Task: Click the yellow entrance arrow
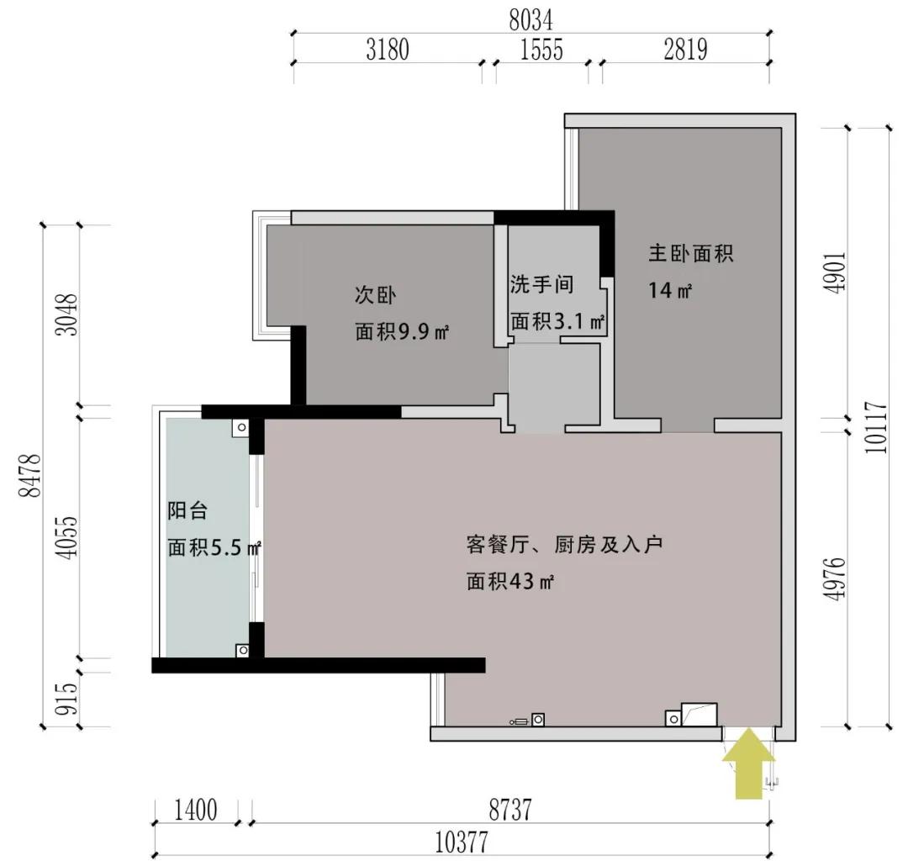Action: click(x=748, y=765)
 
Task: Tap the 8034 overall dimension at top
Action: click(x=530, y=19)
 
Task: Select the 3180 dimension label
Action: click(x=387, y=50)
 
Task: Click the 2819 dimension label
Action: click(x=685, y=50)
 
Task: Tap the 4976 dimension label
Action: click(x=833, y=578)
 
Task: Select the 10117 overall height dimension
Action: click(x=876, y=427)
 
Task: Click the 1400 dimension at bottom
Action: click(x=195, y=811)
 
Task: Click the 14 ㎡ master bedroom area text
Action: click(x=670, y=291)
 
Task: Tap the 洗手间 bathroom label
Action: click(x=541, y=284)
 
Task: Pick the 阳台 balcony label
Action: click(x=187, y=511)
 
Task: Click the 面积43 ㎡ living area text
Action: click(x=509, y=581)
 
